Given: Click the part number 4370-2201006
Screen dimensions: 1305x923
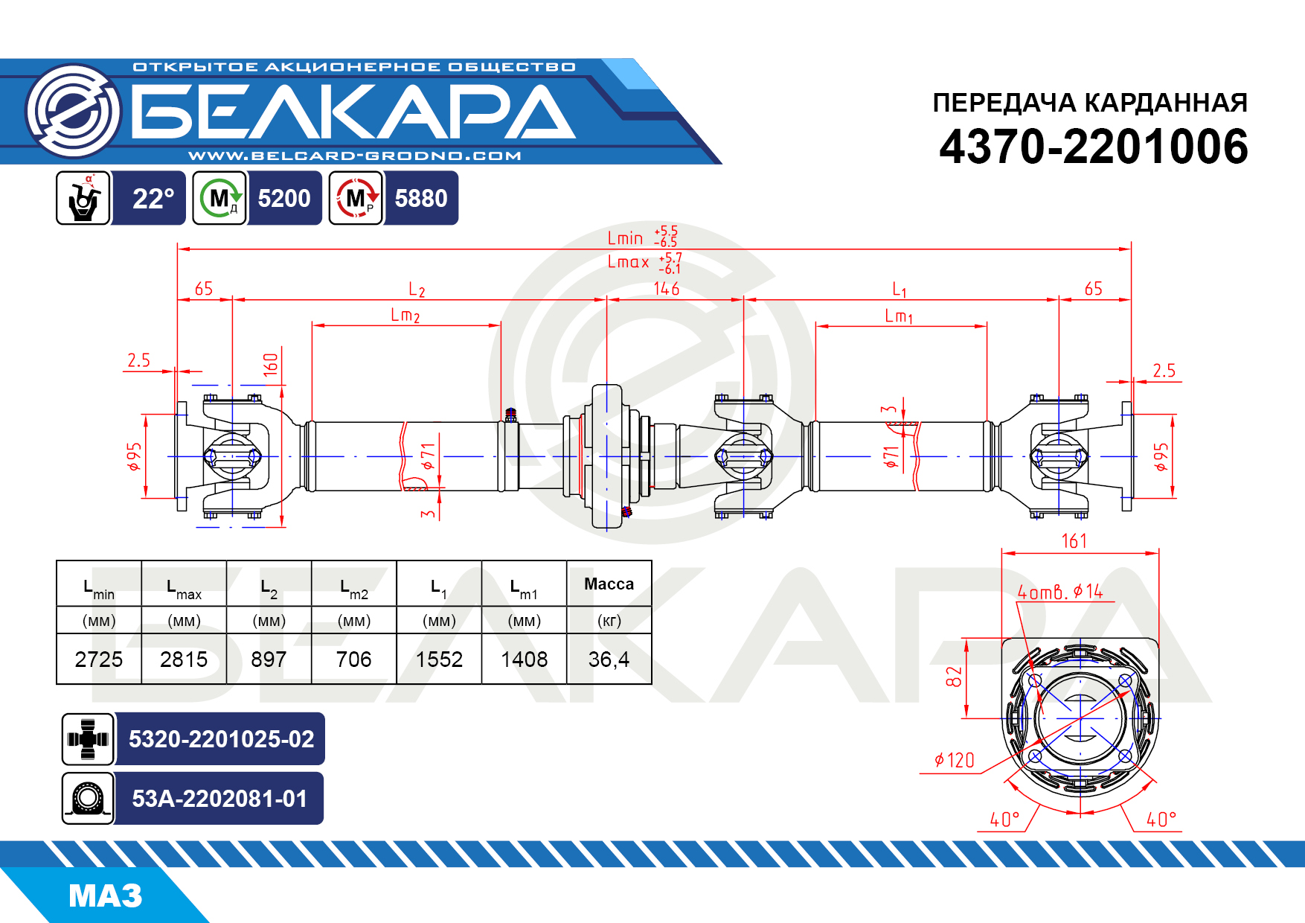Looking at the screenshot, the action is [1093, 146].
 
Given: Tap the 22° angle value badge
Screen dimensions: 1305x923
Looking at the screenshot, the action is [153, 198].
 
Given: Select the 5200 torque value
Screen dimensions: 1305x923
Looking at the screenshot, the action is [284, 198].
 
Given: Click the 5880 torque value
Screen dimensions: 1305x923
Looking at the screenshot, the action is [421, 198].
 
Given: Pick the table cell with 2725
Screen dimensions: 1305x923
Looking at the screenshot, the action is [99, 659].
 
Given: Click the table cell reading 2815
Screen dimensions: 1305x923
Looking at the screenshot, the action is [184, 659].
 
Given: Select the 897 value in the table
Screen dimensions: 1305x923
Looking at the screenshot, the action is [269, 659].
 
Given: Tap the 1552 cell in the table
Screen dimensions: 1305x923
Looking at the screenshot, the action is [439, 659].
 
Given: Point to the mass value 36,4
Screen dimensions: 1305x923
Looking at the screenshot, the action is [609, 659].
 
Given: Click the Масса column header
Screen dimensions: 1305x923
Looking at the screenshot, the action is [609, 584].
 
